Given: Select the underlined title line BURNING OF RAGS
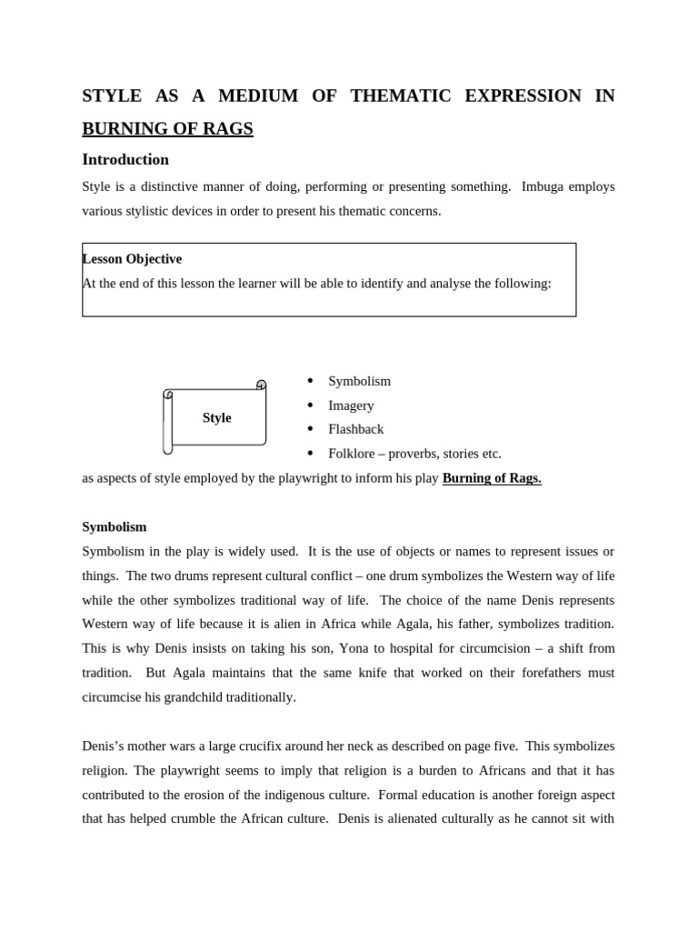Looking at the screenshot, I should coord(167,129).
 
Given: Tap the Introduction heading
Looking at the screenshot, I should coord(125,159).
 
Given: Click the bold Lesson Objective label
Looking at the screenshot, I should coord(132,259).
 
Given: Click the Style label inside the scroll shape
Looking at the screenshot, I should coord(216,418).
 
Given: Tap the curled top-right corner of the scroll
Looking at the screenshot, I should coord(262,385).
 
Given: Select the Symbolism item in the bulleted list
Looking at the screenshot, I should coord(359,382).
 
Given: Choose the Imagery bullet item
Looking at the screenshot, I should coord(351,405).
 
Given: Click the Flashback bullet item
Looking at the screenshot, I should coord(355,429).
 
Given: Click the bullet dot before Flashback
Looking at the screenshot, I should coord(310,428).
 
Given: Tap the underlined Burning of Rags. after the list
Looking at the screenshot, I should coord(492,478).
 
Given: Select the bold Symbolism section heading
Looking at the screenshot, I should coord(115,527).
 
